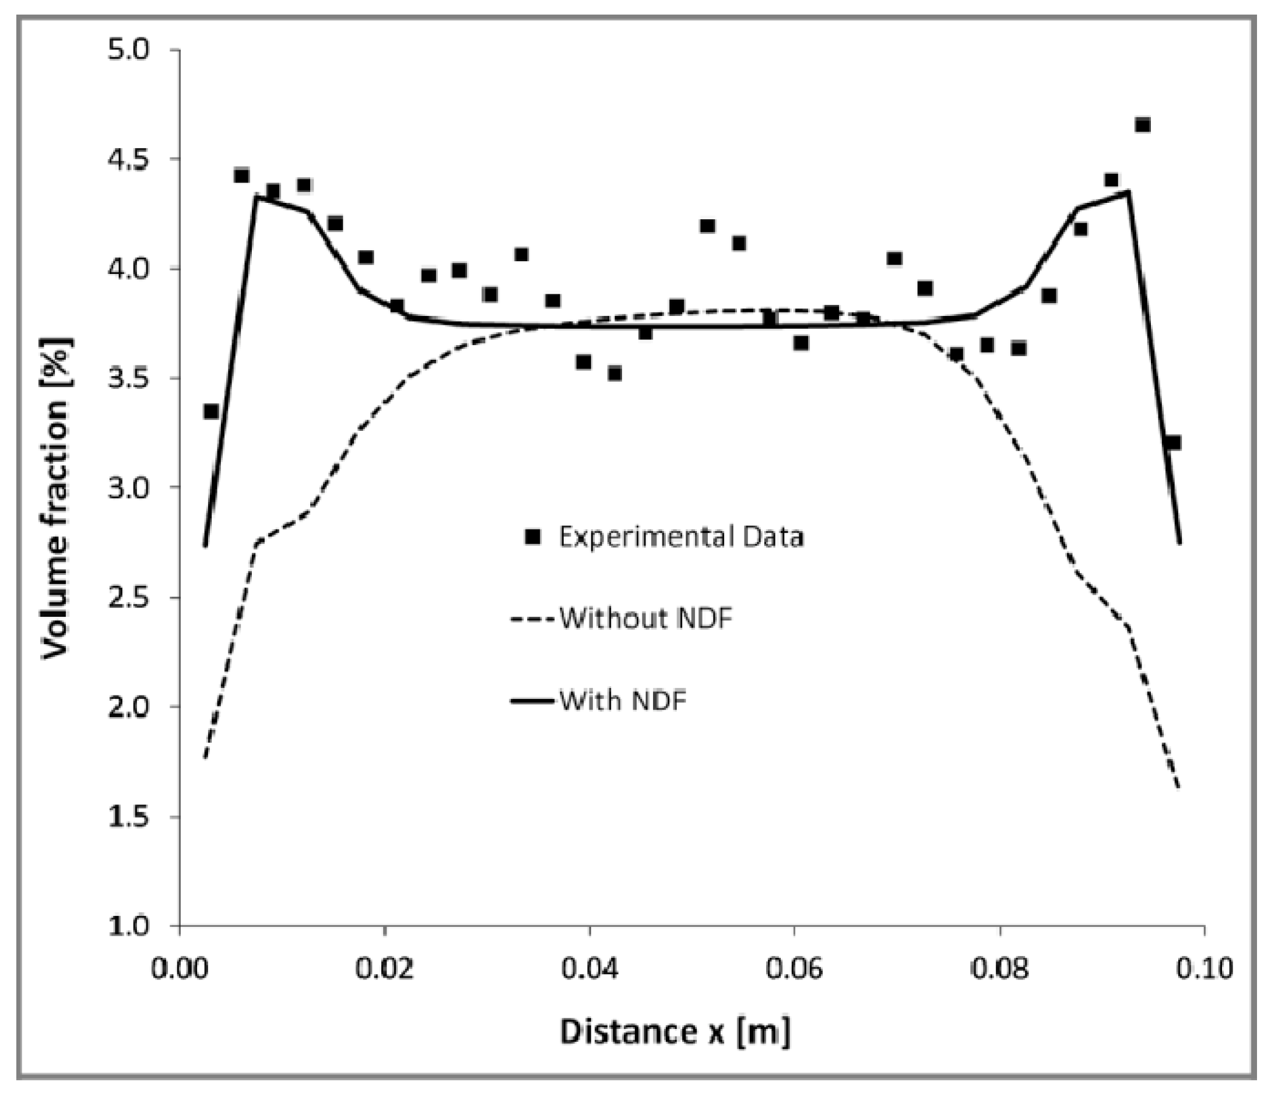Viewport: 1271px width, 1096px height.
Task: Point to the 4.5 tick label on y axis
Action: click(x=129, y=159)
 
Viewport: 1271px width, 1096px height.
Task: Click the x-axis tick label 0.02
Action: click(x=385, y=969)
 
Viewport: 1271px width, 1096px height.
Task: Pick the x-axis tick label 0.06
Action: click(x=795, y=969)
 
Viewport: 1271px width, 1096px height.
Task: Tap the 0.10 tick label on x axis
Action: click(x=1205, y=969)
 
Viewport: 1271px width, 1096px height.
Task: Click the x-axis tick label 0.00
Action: click(x=180, y=969)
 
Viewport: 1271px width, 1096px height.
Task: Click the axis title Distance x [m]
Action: click(x=675, y=1032)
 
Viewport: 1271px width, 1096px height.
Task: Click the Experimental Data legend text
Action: click(x=681, y=538)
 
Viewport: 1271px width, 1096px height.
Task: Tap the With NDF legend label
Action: click(x=623, y=700)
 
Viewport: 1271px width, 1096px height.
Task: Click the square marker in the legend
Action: click(x=533, y=538)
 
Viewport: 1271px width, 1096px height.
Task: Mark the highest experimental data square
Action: click(x=1142, y=125)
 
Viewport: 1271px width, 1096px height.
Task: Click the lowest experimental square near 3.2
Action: click(x=1173, y=443)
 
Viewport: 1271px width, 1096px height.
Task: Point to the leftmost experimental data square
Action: click(x=211, y=411)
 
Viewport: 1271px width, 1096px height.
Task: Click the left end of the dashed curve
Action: click(x=205, y=758)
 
